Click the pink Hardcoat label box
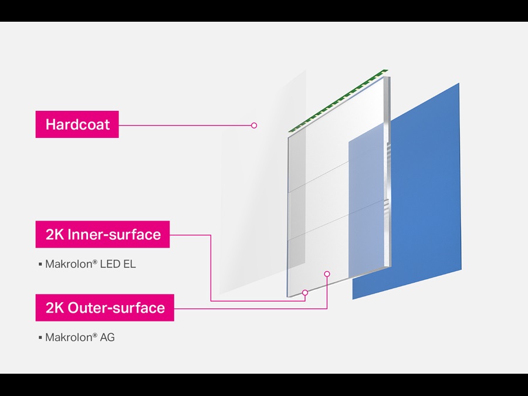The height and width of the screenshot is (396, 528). point(77,124)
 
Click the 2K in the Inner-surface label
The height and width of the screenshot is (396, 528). point(55,235)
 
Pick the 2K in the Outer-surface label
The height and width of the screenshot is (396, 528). point(55,307)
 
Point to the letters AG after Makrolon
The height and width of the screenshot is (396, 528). point(107,337)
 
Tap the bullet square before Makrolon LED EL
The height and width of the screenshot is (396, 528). point(40,265)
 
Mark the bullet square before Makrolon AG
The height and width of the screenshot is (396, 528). point(40,337)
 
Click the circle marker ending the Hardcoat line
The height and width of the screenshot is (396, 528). point(254,125)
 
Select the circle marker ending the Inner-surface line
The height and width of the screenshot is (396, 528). point(305,292)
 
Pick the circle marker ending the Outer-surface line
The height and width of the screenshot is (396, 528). point(327,273)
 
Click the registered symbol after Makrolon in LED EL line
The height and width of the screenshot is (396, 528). point(96,262)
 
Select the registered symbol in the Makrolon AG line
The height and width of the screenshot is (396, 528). point(96,334)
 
